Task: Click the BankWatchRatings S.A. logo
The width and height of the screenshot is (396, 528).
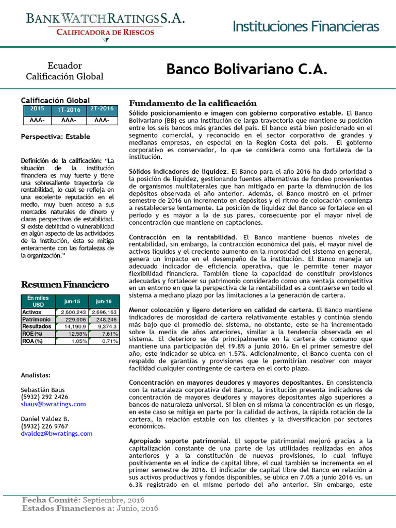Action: [106, 24]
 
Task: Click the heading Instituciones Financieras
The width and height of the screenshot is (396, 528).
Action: [306, 26]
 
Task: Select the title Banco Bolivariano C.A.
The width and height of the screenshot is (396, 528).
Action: [246, 70]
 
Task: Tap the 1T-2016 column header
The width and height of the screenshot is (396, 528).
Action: [69, 110]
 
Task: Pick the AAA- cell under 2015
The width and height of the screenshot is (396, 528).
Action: [37, 120]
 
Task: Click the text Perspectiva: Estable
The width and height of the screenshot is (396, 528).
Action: [55, 137]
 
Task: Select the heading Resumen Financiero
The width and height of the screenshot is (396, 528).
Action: [64, 284]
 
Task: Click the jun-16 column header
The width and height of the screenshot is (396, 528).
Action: [104, 302]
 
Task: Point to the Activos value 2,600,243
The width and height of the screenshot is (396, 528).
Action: [74, 312]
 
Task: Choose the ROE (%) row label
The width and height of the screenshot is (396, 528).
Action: [32, 334]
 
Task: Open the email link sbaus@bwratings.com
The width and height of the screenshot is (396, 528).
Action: [53, 404]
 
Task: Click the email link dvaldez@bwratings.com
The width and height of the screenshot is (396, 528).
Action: [56, 434]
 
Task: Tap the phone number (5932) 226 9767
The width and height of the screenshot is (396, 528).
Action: [44, 426]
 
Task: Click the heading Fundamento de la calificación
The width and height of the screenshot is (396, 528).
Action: [192, 103]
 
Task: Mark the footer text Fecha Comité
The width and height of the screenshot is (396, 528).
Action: [50, 500]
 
